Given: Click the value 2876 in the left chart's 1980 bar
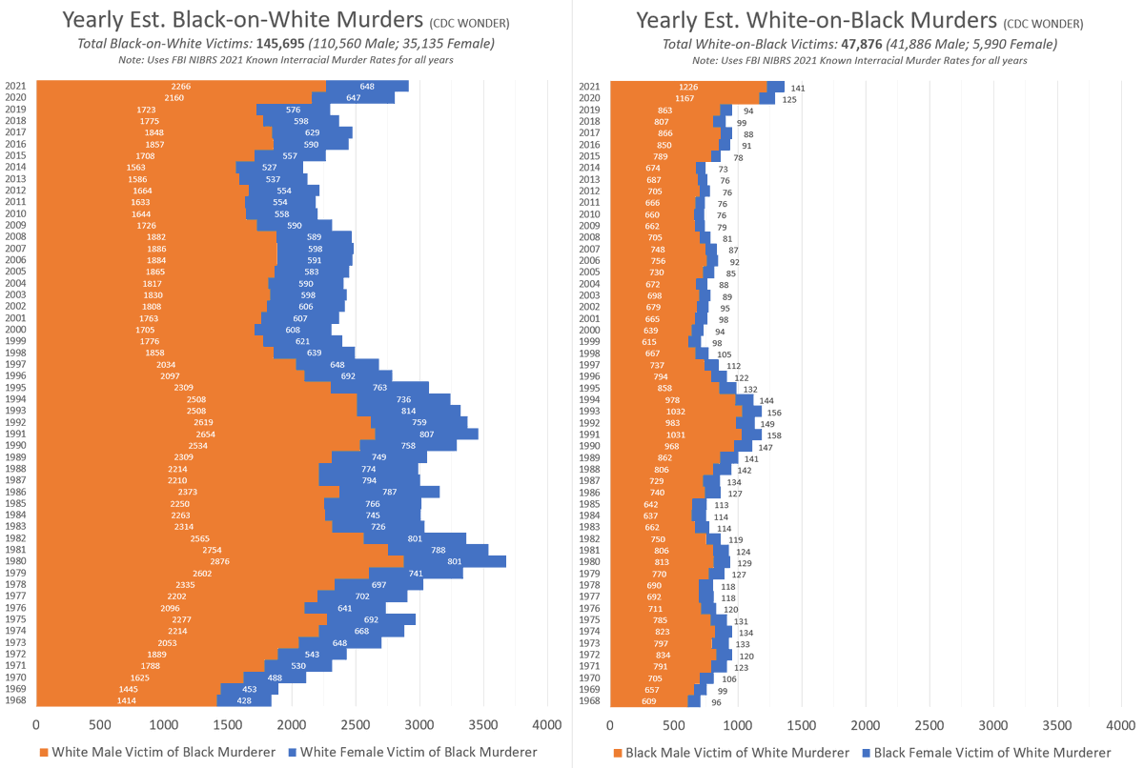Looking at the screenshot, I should point(219,561).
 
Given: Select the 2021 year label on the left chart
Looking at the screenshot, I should point(14,86).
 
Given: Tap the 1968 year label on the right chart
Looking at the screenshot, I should point(589,702).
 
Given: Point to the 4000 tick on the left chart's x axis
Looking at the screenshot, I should point(547,723).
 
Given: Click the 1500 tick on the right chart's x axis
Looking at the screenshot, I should point(801,723).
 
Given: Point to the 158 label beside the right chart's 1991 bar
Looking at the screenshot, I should point(774,435).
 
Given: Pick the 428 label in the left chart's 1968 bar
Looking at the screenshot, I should point(244,701).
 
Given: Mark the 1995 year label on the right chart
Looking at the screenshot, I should point(589,388).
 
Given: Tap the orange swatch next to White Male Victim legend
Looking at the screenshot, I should point(44,752).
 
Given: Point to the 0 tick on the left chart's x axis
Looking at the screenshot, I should point(36,723).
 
